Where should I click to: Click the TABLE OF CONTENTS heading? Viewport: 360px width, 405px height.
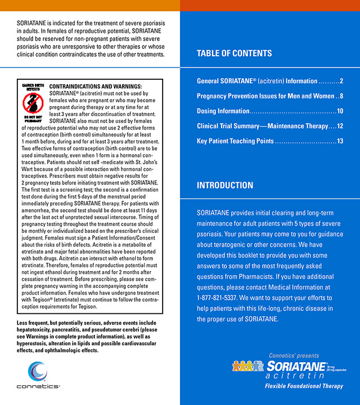[234, 54]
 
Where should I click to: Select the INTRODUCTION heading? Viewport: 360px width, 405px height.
[225, 186]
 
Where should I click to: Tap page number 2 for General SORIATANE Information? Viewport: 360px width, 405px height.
[341, 81]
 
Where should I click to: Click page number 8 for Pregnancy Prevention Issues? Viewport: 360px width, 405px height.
[341, 96]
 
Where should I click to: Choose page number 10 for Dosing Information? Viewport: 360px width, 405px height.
[340, 111]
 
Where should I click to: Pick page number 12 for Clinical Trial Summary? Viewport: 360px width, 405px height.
[340, 126]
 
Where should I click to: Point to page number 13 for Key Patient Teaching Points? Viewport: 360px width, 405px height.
[340, 141]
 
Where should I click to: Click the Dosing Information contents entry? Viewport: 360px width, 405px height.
[223, 111]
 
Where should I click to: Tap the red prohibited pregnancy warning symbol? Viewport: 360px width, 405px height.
[32, 102]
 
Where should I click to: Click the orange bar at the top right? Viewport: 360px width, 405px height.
[270, 6]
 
